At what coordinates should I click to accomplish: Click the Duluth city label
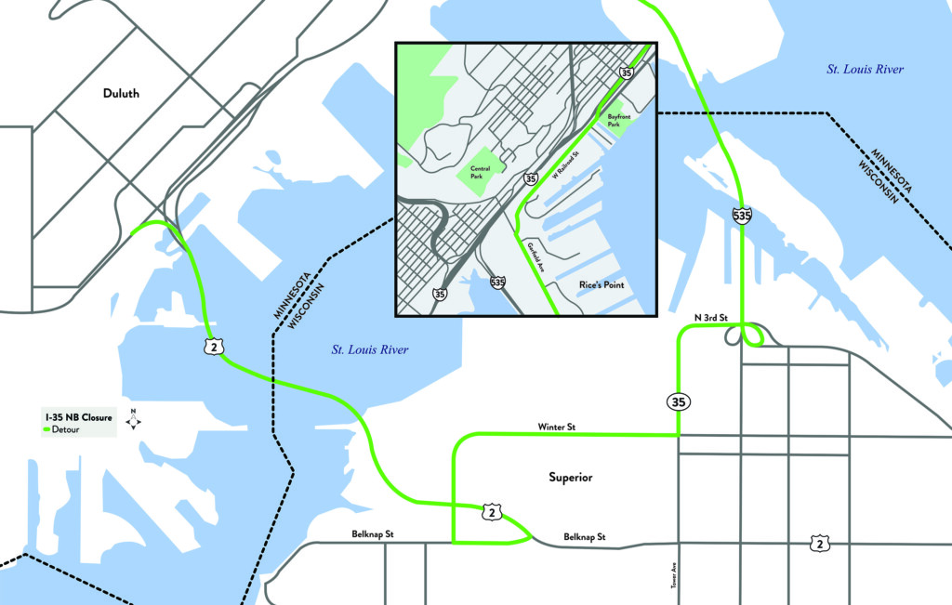[x=121, y=93]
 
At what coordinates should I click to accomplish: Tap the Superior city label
[x=570, y=478]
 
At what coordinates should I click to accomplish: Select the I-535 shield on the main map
[x=742, y=216]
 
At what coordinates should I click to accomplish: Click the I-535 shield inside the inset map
[x=497, y=281]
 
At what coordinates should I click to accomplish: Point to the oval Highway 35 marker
[x=677, y=401]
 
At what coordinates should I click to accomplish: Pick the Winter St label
[x=557, y=427]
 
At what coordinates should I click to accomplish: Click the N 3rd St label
[x=710, y=318]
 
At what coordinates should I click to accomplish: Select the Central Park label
[x=481, y=171]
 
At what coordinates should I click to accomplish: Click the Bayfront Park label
[x=618, y=120]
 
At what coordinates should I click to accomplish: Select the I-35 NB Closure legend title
[x=73, y=417]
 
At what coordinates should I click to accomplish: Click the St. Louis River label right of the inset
[x=865, y=70]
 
